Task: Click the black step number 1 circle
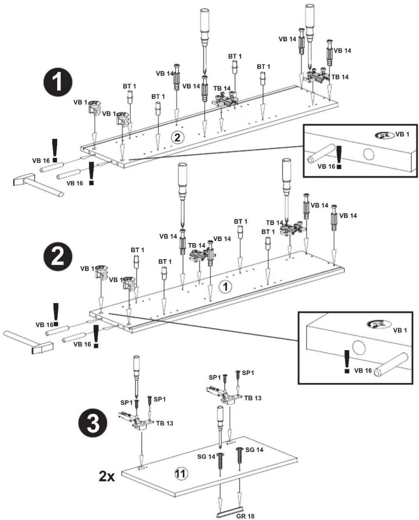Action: click(x=58, y=83)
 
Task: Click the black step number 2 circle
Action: click(x=58, y=256)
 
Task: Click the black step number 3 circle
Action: click(x=93, y=424)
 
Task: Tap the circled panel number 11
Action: click(x=181, y=474)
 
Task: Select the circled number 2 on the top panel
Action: click(x=177, y=137)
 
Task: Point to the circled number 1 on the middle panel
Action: click(x=225, y=287)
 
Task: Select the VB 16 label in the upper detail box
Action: click(x=326, y=166)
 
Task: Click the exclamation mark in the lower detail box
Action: click(x=347, y=361)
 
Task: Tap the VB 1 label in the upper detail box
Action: click(x=402, y=134)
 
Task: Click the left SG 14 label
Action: click(x=206, y=457)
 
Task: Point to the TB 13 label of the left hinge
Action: click(x=164, y=423)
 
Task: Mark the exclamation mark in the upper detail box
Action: click(x=339, y=157)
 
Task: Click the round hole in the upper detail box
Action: click(x=369, y=154)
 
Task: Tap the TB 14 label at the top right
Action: click(x=340, y=77)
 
